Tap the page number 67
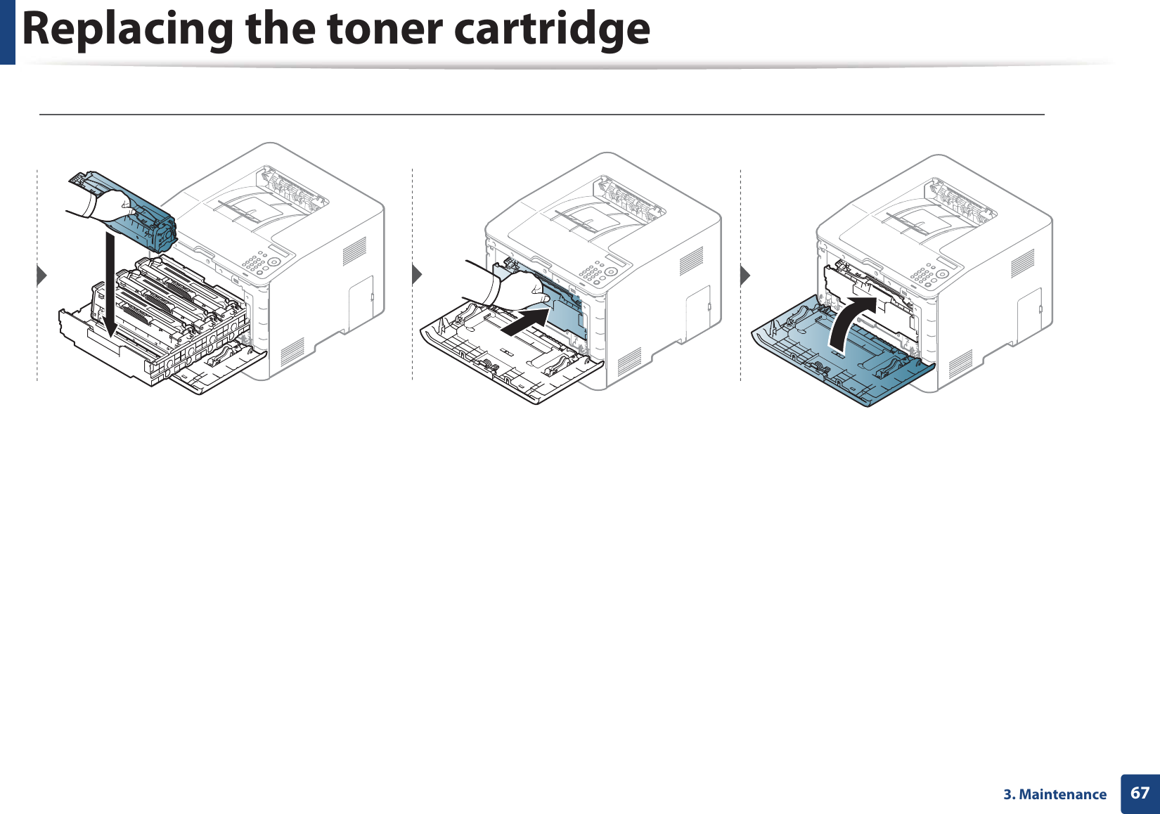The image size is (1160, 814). pyautogui.click(x=1140, y=793)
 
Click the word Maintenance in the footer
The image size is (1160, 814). pyautogui.click(x=1062, y=794)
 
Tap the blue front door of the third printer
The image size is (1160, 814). pyautogui.click(x=844, y=366)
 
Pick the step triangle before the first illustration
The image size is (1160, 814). pyautogui.click(x=42, y=275)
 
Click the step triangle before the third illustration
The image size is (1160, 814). pyautogui.click(x=745, y=275)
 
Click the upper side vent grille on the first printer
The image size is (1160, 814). pyautogui.click(x=354, y=252)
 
